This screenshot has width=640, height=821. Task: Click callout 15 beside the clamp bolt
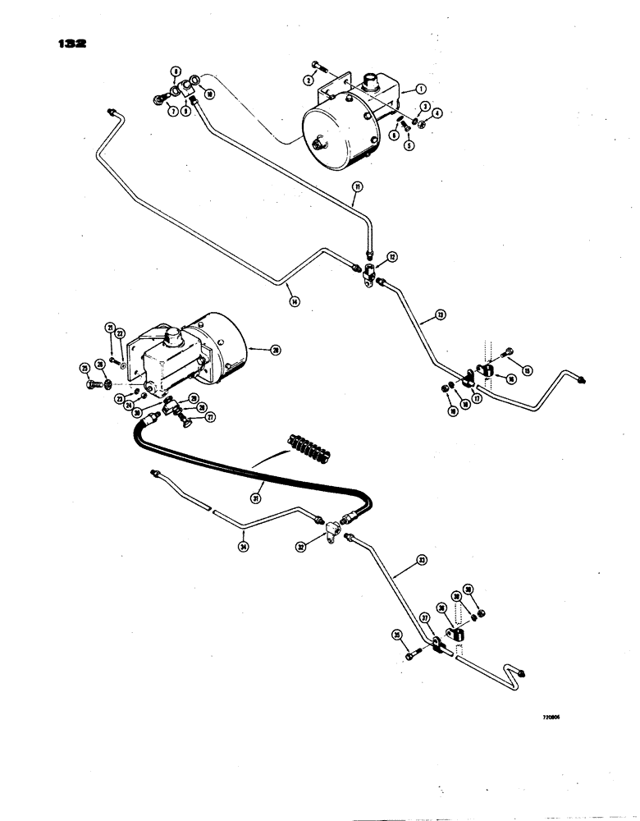[527, 371]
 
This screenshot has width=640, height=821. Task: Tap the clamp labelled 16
[490, 374]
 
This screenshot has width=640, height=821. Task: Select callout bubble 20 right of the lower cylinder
[276, 350]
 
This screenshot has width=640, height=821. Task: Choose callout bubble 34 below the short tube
[244, 542]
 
